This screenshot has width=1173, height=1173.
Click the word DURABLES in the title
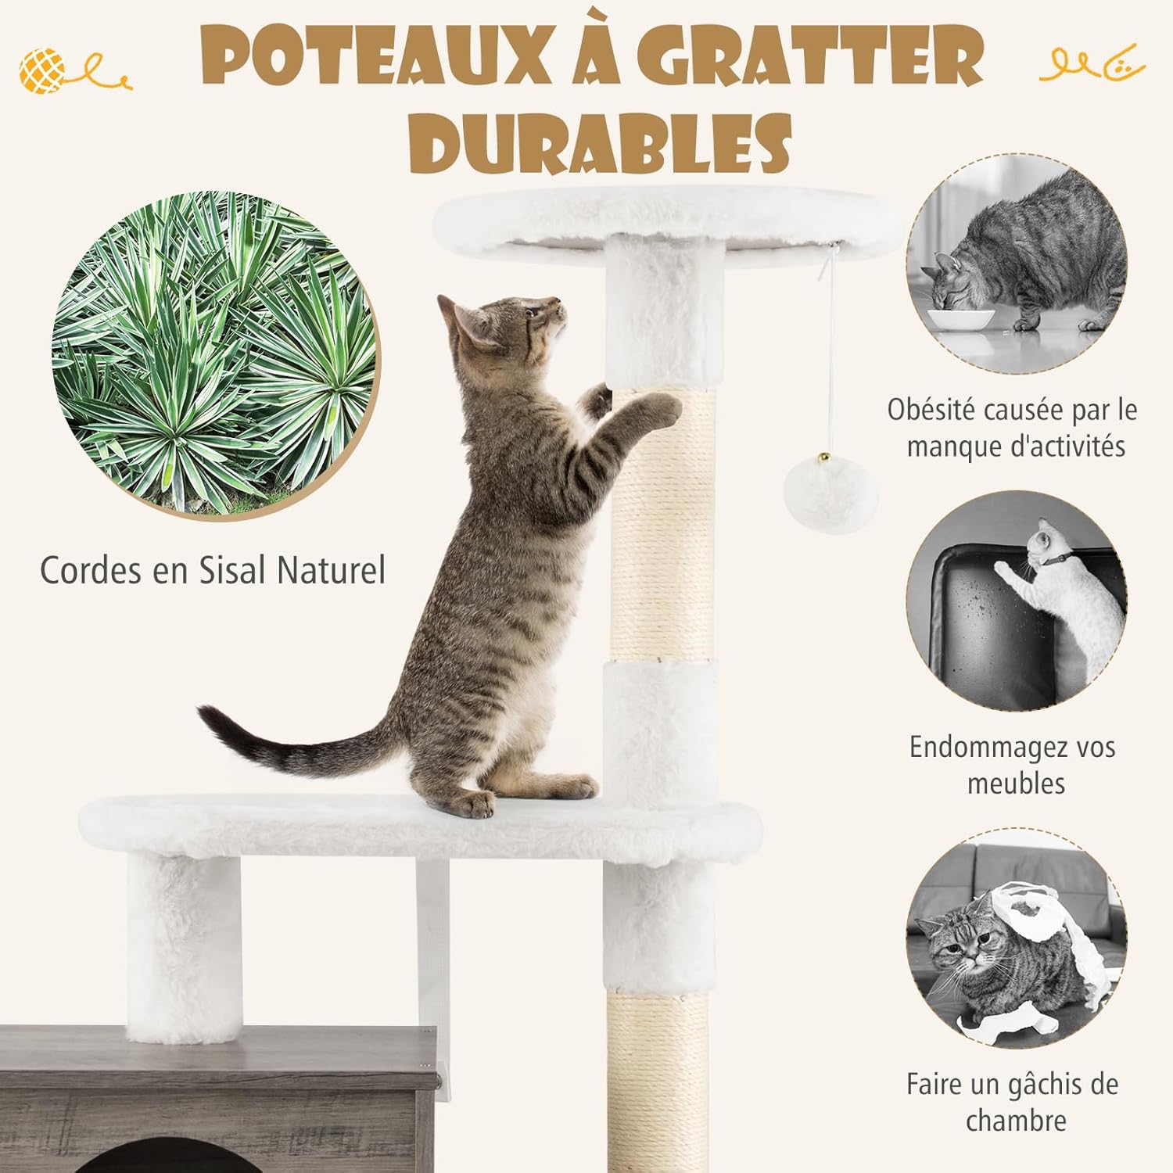point(600,142)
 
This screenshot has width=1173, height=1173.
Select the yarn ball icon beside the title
point(44,70)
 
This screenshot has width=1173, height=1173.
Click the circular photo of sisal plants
point(215,353)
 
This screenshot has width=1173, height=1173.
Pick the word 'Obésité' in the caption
point(932,410)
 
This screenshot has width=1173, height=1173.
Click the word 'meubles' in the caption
point(1016,783)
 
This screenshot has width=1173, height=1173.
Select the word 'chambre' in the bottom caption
point(1016,1121)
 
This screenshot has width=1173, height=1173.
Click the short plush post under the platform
point(185,946)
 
